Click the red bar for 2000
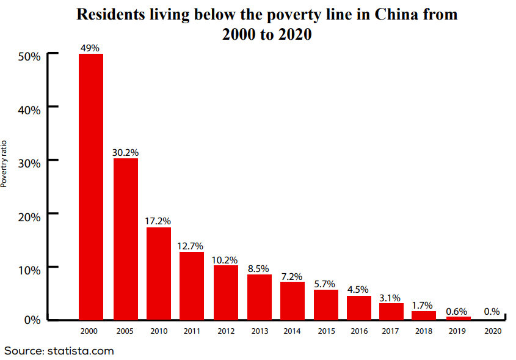(91, 186)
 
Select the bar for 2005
(125, 238)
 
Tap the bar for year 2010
(159, 273)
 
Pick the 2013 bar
(260, 296)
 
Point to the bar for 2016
(359, 307)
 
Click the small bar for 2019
(458, 318)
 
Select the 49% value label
(90, 48)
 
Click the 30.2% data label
(125, 152)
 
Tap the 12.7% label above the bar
(191, 246)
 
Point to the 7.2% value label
(292, 276)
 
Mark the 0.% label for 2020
(492, 311)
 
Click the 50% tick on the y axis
(29, 56)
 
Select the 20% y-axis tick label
(29, 216)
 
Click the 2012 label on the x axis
(225, 331)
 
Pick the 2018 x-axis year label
(424, 331)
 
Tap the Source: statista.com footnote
(59, 351)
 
